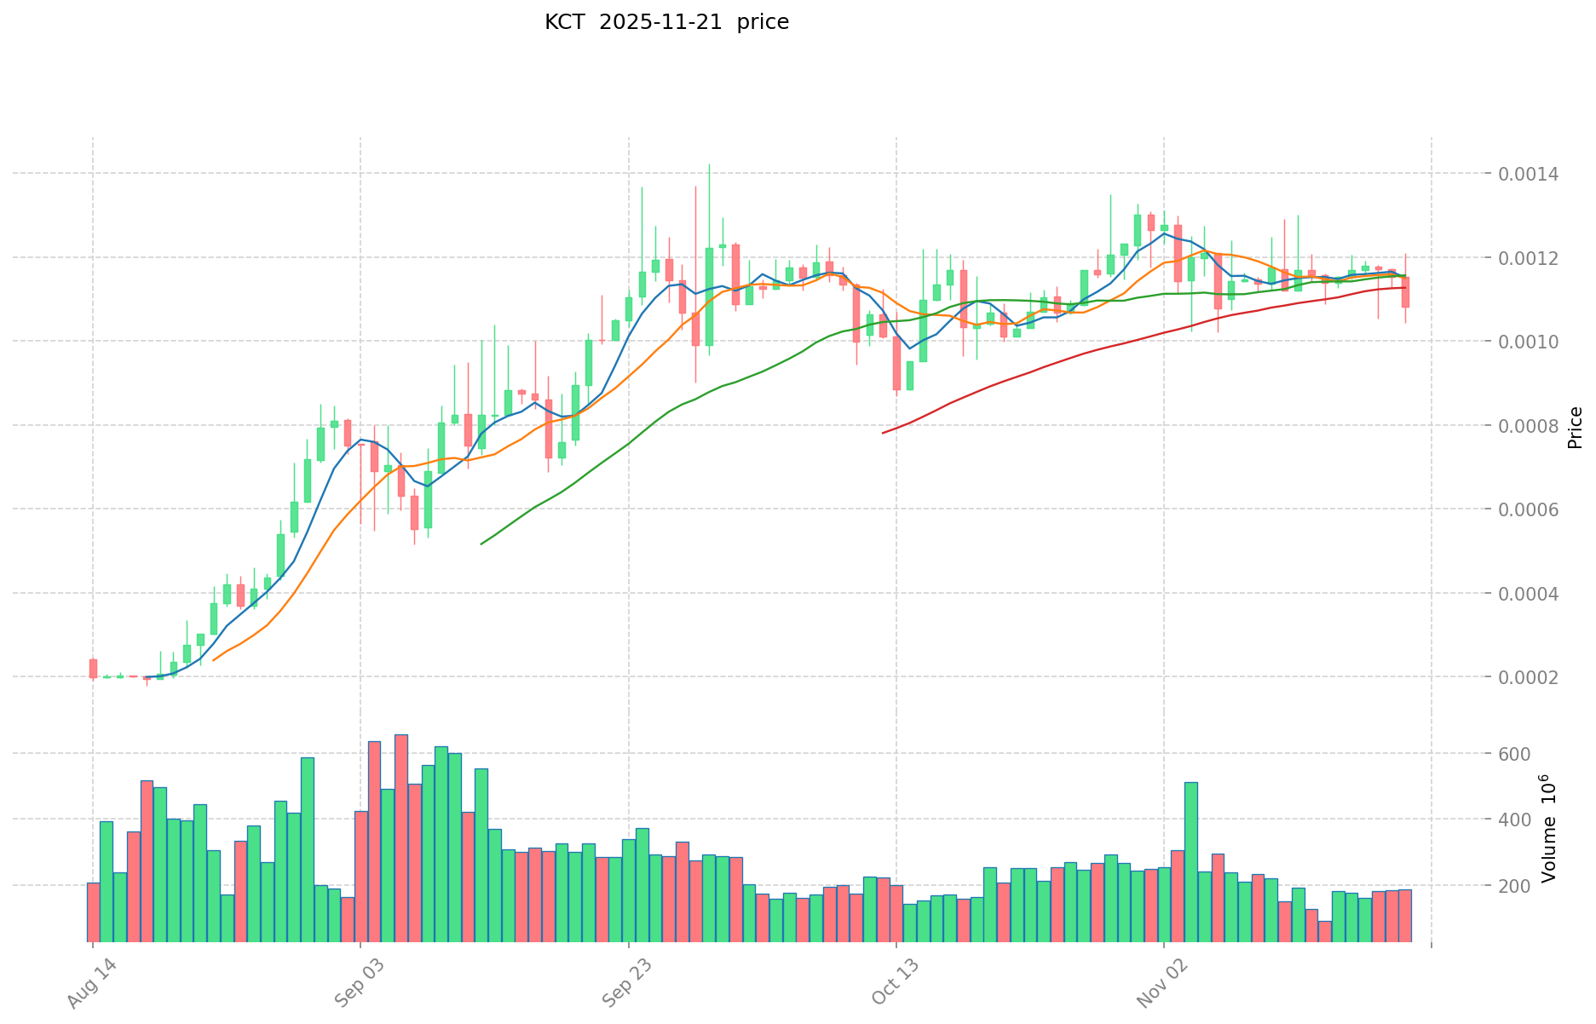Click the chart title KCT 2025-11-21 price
pos(666,23)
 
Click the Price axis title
pos(1575,428)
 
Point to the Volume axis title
pos(1549,828)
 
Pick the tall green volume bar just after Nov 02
pos(1191,860)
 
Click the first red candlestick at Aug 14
pos(93,668)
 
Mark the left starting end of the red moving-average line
pos(883,433)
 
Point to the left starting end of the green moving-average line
pos(481,544)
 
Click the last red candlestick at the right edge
pos(1405,291)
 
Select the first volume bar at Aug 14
pos(93,912)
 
